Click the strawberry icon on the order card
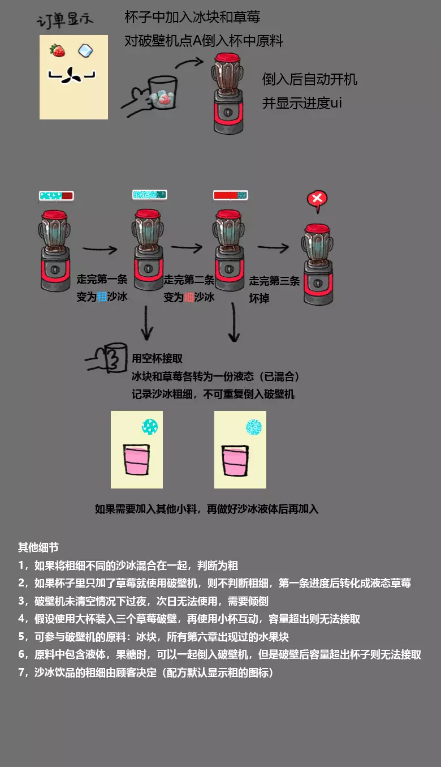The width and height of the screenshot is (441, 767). (58, 50)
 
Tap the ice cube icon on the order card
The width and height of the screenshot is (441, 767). (86, 51)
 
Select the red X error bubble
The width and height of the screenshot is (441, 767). (318, 199)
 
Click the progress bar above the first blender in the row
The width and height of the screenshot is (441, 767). (57, 196)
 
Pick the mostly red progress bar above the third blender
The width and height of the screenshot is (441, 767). (230, 195)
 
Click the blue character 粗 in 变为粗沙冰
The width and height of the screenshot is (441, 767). (102, 296)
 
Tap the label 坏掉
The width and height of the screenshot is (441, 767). (260, 298)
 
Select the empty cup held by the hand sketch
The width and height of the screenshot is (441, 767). (115, 357)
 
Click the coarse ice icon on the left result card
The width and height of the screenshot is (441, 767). (150, 426)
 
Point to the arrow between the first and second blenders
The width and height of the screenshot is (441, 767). (100, 248)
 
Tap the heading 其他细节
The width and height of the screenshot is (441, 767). (38, 547)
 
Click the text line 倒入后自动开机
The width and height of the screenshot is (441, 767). (310, 79)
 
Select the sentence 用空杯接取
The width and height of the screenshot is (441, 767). (157, 359)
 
